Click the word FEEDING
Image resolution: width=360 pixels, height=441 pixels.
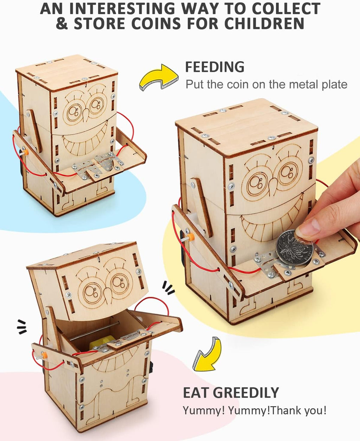(x=215, y=67)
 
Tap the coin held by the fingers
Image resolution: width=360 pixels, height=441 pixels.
(x=294, y=248)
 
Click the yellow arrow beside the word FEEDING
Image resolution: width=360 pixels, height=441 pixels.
(x=159, y=77)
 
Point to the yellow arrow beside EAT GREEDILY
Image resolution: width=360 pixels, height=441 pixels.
(x=207, y=354)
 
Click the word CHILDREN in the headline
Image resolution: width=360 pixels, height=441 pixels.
(x=264, y=24)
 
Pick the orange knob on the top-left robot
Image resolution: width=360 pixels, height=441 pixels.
(x=26, y=152)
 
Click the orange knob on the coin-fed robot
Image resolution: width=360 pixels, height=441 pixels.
(x=191, y=237)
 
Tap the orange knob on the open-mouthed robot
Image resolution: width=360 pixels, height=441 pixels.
(x=44, y=355)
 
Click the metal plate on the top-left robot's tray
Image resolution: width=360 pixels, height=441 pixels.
(x=97, y=167)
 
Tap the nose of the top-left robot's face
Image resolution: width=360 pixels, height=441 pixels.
(x=86, y=115)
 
